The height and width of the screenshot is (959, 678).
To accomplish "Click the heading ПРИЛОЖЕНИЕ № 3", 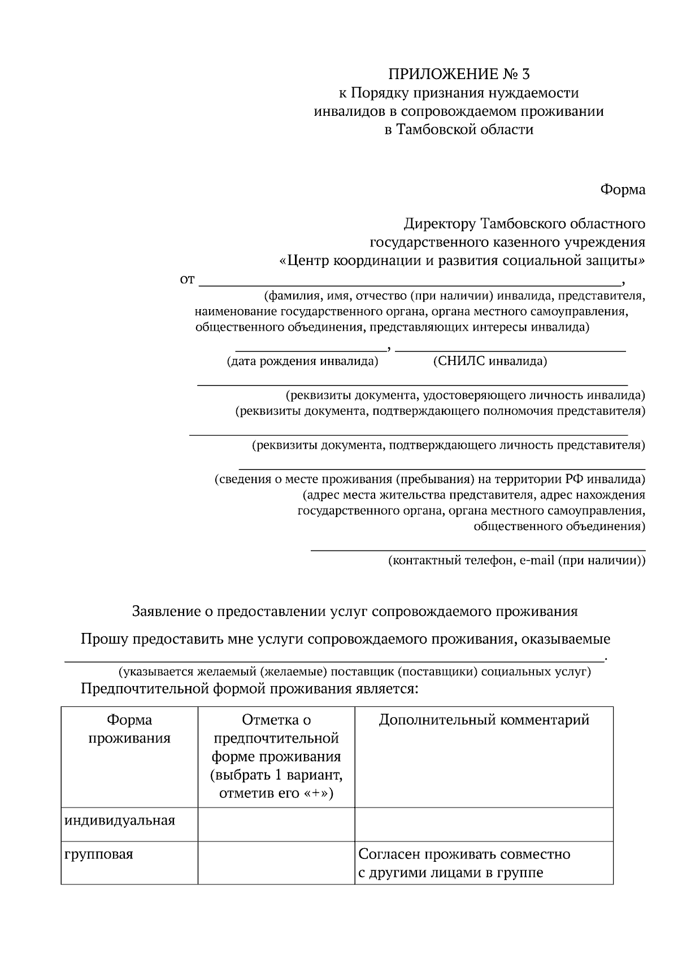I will (x=459, y=74).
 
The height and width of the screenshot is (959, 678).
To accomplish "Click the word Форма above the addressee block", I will (x=622, y=190).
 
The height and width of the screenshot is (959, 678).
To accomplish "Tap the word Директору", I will (x=440, y=224).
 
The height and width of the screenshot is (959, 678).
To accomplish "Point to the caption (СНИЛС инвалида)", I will (x=490, y=362).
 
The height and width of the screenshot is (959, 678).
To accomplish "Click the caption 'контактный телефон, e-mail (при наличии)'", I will (x=516, y=561).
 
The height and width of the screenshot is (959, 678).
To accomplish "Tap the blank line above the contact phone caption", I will (x=478, y=548).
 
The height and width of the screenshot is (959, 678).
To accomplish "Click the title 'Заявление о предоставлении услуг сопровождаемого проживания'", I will (x=355, y=611).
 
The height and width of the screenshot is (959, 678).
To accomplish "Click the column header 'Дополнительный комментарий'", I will (x=484, y=720).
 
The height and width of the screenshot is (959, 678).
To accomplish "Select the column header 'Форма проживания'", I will (x=129, y=729).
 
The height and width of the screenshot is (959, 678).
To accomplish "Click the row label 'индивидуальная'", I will (x=120, y=820).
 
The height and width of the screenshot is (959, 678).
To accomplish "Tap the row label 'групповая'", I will (x=99, y=854).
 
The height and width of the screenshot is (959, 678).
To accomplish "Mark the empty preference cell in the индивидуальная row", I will (x=276, y=824).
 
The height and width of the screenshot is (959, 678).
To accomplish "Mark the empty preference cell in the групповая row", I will (x=276, y=862).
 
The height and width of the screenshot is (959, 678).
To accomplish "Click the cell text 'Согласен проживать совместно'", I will (x=464, y=854).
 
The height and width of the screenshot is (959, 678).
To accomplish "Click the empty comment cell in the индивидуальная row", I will (x=484, y=824).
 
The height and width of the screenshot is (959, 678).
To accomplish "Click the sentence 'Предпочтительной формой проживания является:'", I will (x=249, y=689).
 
